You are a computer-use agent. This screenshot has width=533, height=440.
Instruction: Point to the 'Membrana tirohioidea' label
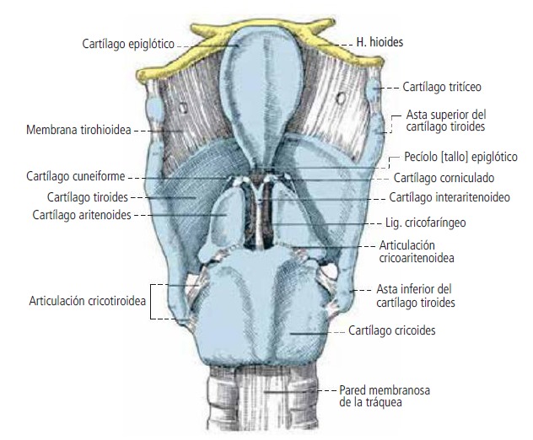coord(78,131)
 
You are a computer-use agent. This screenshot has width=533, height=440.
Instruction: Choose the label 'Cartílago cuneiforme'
coord(83,177)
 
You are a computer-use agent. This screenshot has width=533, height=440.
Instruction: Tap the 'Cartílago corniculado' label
coord(443,178)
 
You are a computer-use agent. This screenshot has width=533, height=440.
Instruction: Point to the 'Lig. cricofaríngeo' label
coord(431,224)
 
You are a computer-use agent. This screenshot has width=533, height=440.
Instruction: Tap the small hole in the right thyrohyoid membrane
coord(341,98)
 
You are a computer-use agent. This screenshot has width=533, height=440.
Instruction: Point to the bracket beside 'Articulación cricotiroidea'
coord(153,302)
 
